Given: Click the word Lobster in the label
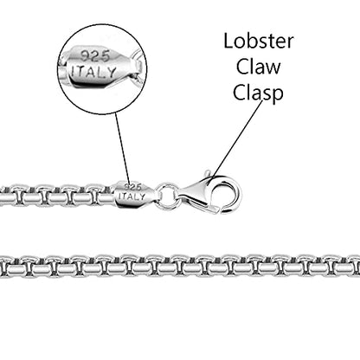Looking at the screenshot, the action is click(259, 42).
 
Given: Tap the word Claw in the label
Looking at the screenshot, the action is click(259, 67).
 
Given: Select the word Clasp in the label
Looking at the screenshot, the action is click(258, 93).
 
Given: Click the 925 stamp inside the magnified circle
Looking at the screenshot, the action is click(95, 56).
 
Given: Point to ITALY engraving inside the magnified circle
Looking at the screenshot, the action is click(93, 72).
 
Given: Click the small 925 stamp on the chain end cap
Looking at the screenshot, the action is click(132, 187).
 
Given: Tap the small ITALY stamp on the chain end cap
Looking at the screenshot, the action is click(132, 196).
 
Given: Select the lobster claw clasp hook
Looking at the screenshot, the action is click(210, 192).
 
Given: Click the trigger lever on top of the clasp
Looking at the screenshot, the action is click(208, 174).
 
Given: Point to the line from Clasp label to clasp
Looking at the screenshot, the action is click(238, 138).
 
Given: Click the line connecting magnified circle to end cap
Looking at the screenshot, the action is click(122, 148).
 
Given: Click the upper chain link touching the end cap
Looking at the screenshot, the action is click(103, 196).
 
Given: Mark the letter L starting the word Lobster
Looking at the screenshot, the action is click(228, 41).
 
